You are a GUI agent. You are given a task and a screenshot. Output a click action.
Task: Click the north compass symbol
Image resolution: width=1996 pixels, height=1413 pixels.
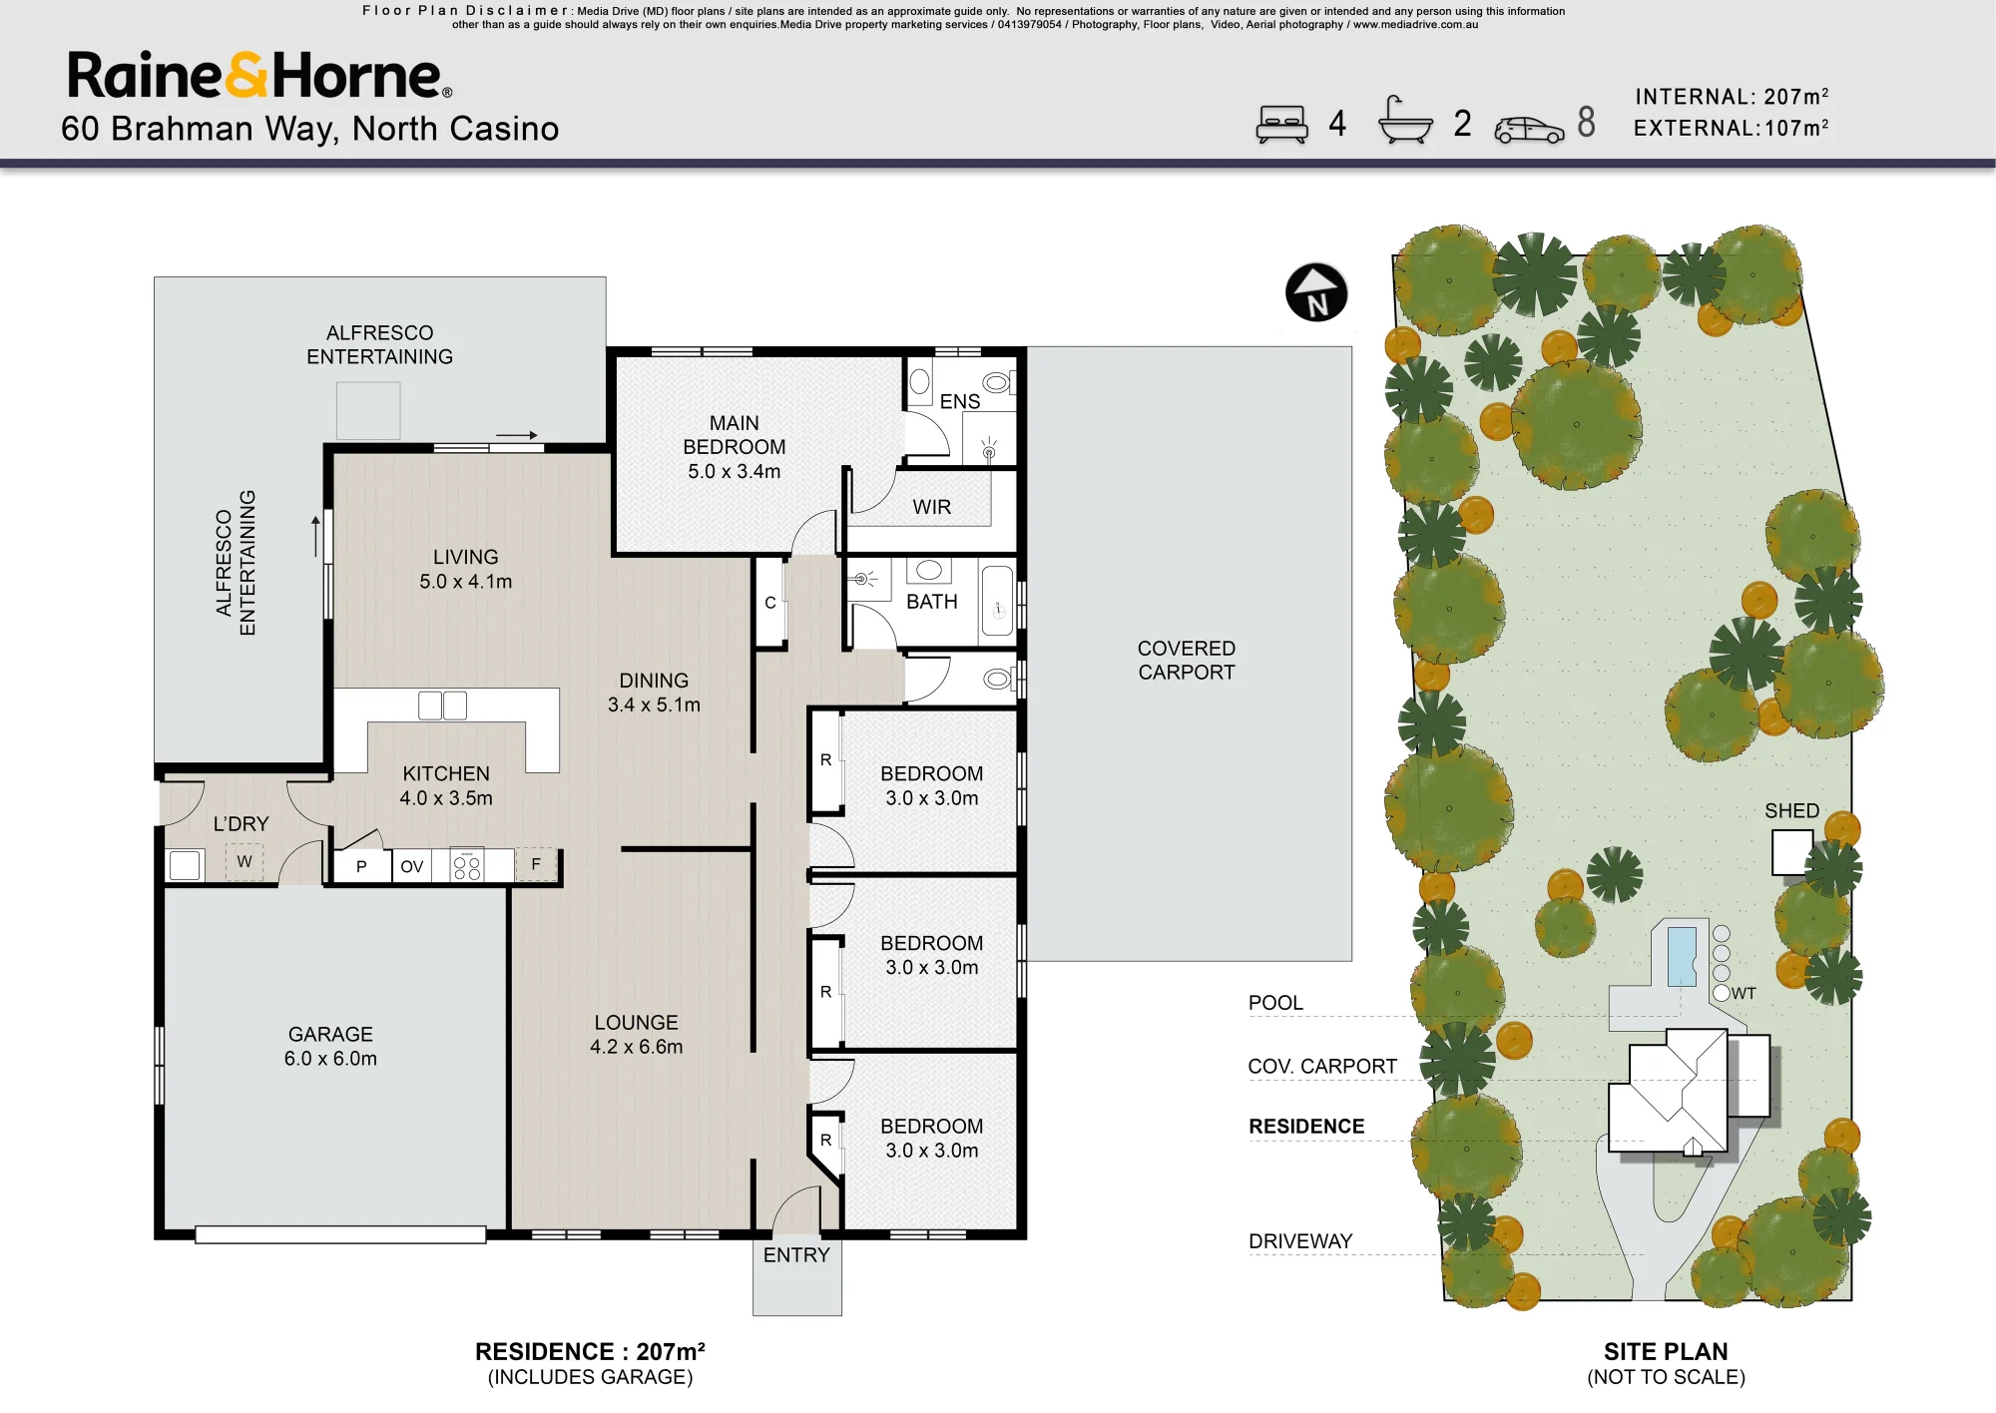[1316, 292]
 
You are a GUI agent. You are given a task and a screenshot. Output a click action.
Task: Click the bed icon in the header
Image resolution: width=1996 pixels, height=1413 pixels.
[1281, 124]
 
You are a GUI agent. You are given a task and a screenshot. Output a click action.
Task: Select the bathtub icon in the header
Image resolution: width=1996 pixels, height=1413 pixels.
[1404, 121]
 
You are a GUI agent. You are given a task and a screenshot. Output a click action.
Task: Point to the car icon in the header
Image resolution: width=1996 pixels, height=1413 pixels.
[1529, 130]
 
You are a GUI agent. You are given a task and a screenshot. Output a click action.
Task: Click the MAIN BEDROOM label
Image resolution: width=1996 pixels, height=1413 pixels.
[735, 447]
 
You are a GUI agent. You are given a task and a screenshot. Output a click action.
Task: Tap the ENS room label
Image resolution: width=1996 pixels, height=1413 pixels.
[960, 401]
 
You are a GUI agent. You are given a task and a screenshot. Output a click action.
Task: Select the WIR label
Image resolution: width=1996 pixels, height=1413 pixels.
[932, 507]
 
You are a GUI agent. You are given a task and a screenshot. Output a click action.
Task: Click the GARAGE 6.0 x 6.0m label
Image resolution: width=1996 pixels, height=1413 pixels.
[330, 1046]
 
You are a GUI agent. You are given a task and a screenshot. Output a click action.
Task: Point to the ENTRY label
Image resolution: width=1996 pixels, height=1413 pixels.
[796, 1255]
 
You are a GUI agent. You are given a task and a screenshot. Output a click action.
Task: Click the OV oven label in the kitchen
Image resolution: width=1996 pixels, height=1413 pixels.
[412, 866]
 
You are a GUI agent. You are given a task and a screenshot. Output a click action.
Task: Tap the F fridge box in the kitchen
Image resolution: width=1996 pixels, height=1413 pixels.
[536, 865]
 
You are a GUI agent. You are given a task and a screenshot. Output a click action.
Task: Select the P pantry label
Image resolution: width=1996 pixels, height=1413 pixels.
[361, 866]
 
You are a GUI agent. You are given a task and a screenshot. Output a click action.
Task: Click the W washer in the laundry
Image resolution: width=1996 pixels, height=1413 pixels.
[245, 862]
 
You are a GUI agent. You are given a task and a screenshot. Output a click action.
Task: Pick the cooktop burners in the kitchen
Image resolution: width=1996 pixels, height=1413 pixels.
[467, 865]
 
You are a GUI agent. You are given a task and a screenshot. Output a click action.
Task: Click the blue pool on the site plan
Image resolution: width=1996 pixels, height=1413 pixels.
[1682, 956]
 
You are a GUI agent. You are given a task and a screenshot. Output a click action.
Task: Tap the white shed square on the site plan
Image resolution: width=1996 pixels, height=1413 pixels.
[1791, 852]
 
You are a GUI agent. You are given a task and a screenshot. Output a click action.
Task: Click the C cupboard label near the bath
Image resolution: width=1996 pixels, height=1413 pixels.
[770, 603]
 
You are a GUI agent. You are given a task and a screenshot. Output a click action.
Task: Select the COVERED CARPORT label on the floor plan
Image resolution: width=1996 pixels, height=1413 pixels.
[1187, 660]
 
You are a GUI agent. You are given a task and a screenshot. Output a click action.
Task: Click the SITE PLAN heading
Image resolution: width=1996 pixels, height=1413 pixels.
[1666, 1351]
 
